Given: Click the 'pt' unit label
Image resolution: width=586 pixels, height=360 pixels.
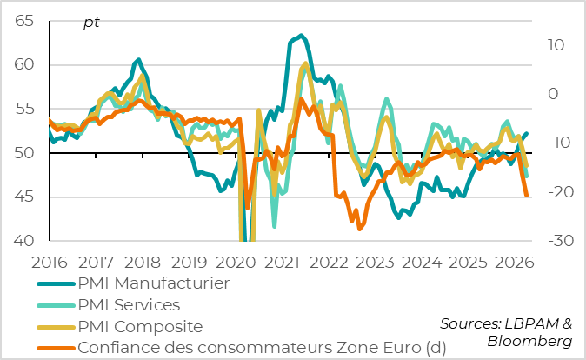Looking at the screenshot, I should [x=91, y=23].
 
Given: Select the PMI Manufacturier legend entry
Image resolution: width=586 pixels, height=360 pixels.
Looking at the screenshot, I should [x=153, y=283].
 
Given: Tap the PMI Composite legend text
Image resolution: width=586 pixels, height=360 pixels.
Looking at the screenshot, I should [x=139, y=327].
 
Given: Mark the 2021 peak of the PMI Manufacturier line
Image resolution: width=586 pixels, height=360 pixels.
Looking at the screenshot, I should [x=301, y=36].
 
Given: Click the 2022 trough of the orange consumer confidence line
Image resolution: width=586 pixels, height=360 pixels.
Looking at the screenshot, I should [x=360, y=229].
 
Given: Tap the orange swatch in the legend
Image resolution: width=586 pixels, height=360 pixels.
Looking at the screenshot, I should [x=55, y=349].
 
